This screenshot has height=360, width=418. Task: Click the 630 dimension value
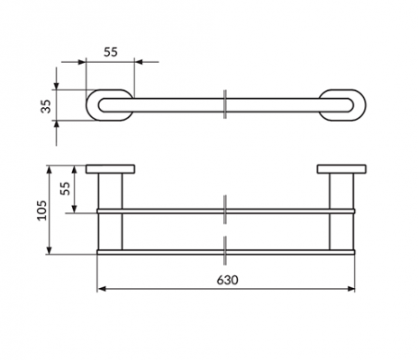tap(227, 280)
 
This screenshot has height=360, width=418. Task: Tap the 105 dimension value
tap(41, 211)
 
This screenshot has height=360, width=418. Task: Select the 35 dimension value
tap(46, 106)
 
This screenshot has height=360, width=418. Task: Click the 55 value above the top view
tap(111, 52)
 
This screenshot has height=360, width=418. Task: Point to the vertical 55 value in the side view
tap(65, 188)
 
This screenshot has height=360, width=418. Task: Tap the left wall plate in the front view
tap(110, 169)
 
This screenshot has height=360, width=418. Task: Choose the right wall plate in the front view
tap(341, 169)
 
